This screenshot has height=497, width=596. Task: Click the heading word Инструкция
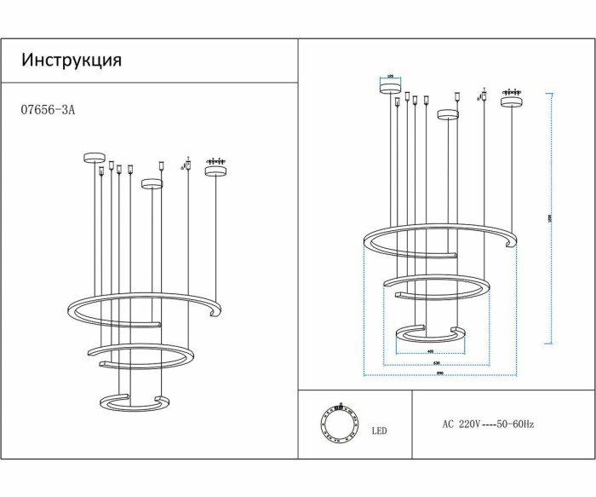click(x=72, y=61)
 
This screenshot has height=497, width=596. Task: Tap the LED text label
click(x=379, y=431)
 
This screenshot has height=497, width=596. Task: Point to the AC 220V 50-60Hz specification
click(x=488, y=424)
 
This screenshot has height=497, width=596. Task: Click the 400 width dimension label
click(x=431, y=351)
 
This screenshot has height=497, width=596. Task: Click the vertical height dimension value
click(x=550, y=218)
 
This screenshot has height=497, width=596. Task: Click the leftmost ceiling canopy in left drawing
click(x=93, y=156)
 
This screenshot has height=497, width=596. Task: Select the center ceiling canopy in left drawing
click(x=152, y=182)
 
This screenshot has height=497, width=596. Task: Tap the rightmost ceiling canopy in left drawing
click(x=216, y=170)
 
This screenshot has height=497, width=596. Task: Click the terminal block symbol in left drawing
click(x=216, y=159)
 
